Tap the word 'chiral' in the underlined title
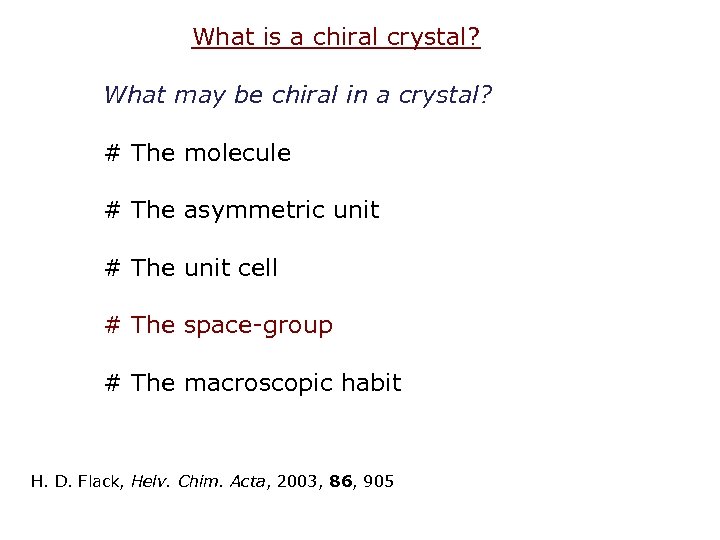tap(330, 38)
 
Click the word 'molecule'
tap(237, 154)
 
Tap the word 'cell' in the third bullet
tap(257, 268)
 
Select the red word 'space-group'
tap(258, 326)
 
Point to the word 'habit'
tap(375, 383)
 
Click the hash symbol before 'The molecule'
tap(113, 154)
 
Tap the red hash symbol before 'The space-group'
tap(113, 326)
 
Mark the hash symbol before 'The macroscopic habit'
tap(113, 383)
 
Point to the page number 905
tap(379, 482)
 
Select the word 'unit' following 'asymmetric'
tap(355, 211)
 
